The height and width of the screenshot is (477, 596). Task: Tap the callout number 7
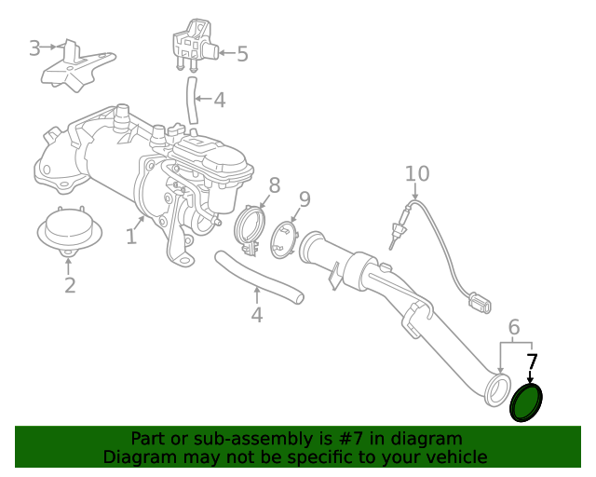point(532,362)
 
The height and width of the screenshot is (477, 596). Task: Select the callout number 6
point(513,326)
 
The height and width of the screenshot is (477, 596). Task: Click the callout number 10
point(417,173)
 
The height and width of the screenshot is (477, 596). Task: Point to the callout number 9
point(304,199)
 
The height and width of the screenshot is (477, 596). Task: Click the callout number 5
point(242,54)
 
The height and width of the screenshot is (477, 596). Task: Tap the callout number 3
point(34,48)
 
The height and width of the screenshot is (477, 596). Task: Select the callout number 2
point(70,285)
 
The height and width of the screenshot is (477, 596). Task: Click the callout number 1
point(131,238)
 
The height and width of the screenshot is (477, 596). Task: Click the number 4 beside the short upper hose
point(219,100)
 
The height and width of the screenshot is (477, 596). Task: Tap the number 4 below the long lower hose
point(257,315)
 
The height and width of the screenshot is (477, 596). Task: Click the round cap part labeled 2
point(69,231)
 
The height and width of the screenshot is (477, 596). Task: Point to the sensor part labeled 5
point(195,44)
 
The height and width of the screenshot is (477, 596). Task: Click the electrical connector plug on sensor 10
point(481,302)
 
